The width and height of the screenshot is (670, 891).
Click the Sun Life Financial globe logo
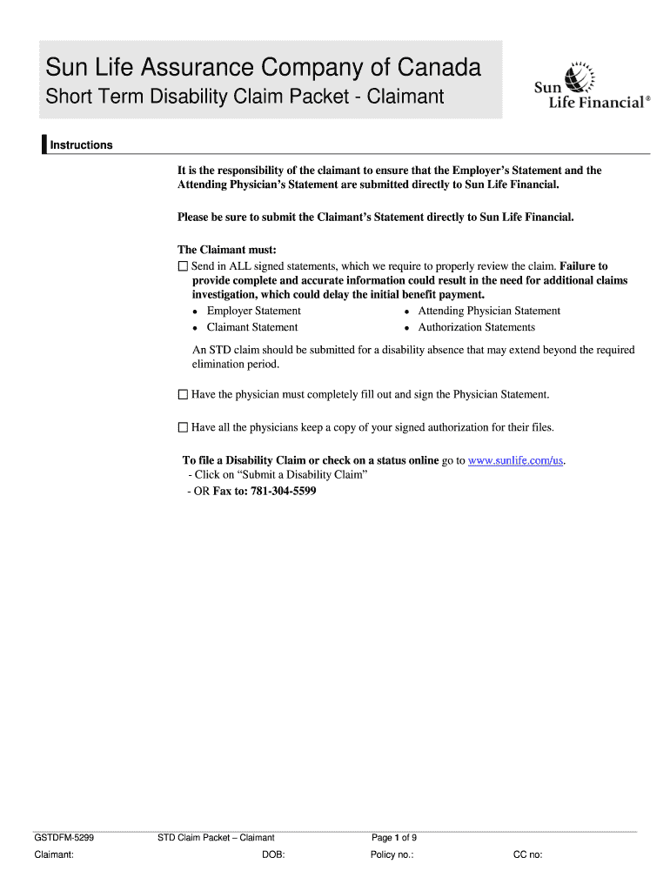pyautogui.click(x=580, y=78)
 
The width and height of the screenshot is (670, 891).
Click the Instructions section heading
pyautogui.click(x=81, y=145)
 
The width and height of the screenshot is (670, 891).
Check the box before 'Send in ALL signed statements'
pyautogui.click(x=183, y=266)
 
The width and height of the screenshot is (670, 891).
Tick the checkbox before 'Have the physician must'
pyautogui.click(x=183, y=395)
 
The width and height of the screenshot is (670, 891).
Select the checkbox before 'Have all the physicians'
pyautogui.click(x=183, y=428)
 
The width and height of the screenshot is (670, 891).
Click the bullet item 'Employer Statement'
pyautogui.click(x=253, y=312)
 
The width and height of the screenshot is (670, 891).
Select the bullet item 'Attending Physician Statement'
pyautogui.click(x=489, y=312)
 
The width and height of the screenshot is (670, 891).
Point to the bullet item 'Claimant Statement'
pyautogui.click(x=251, y=328)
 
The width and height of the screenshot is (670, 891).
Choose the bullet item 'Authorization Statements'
pyautogui.click(x=476, y=328)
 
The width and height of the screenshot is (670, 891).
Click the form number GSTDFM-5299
pyautogui.click(x=64, y=839)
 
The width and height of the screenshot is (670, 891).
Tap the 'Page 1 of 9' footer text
pyautogui.click(x=394, y=839)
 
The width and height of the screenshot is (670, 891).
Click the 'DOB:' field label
pyautogui.click(x=273, y=855)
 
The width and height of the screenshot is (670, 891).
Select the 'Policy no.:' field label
pyautogui.click(x=392, y=855)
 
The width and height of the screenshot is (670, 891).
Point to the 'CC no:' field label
pyautogui.click(x=528, y=855)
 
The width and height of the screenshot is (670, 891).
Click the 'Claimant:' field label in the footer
pyautogui.click(x=54, y=855)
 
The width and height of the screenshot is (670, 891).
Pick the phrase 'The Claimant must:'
pyautogui.click(x=227, y=251)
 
